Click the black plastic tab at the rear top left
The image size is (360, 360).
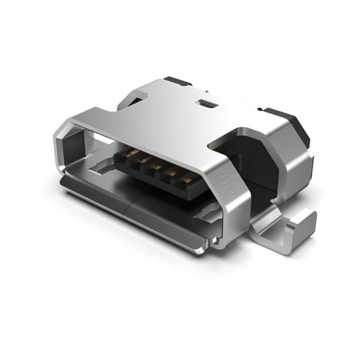177,80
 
